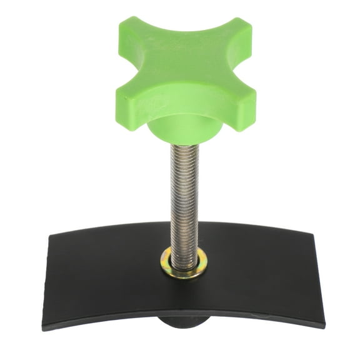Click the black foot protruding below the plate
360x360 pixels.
click(184, 323)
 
